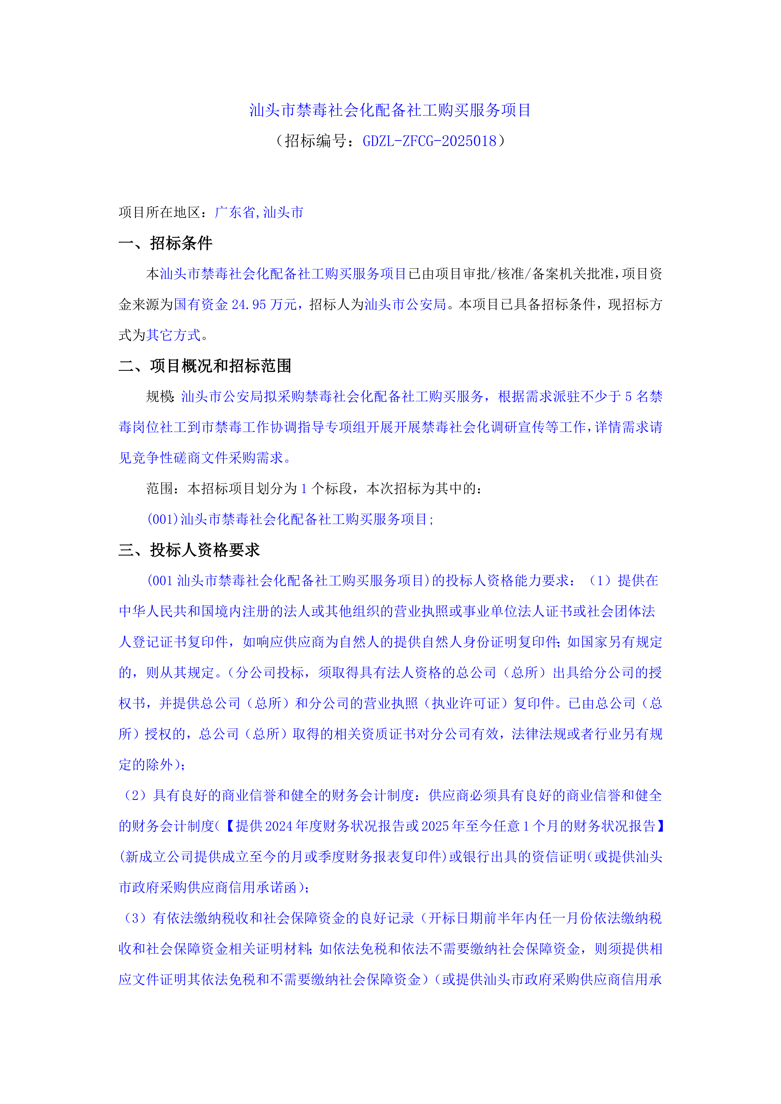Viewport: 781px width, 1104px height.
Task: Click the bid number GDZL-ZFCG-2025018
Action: [429, 141]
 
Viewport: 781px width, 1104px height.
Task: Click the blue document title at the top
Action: [390, 110]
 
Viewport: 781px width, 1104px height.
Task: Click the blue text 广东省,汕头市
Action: [259, 212]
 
